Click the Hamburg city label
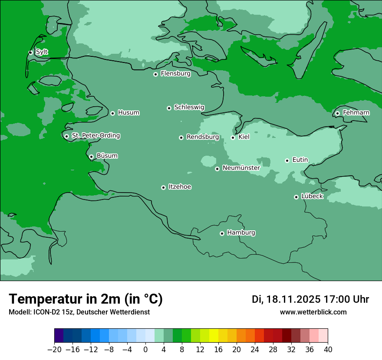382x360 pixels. [241, 232]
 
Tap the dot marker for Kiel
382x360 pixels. [233, 137]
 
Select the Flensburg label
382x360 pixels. [175, 74]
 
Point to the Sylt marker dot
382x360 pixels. [30, 52]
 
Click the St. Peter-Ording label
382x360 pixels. [95, 136]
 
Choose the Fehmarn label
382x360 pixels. [356, 113]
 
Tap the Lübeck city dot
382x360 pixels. [296, 197]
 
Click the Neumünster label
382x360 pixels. [241, 168]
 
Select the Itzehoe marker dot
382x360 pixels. [163, 187]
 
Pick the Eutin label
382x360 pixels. [300, 160]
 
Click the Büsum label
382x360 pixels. [107, 156]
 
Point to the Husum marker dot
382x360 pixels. [112, 113]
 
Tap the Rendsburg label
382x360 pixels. [202, 137]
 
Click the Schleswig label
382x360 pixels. [189, 107]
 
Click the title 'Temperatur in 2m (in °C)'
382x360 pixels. [86, 299]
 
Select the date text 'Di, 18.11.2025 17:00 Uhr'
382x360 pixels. [310, 299]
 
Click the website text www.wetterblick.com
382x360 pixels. [313, 312]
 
